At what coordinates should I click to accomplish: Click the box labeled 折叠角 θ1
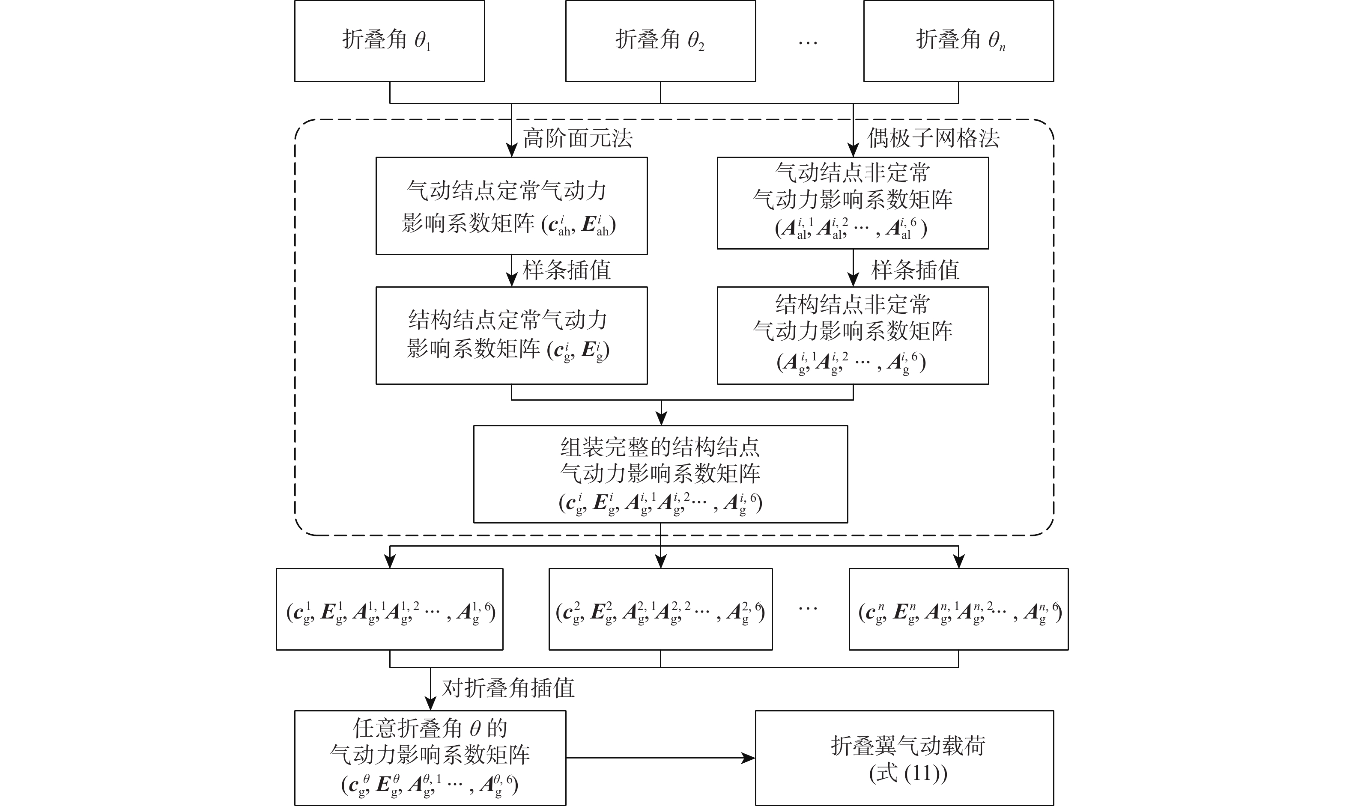[389, 41]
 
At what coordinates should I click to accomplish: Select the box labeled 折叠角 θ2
[660, 41]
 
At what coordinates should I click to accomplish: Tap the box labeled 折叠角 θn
[958, 41]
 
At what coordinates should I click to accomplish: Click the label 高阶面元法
[578, 139]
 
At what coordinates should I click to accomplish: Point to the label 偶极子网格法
[933, 139]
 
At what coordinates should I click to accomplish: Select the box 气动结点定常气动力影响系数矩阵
[511, 206]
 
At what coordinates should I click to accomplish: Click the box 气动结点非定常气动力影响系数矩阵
[852, 203]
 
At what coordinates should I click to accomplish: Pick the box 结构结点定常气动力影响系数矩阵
[511, 335]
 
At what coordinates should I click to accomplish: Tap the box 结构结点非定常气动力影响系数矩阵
[852, 335]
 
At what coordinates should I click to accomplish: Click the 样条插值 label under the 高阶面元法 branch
[567, 271]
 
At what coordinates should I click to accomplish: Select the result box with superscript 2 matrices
[660, 609]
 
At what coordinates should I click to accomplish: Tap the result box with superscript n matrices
[958, 609]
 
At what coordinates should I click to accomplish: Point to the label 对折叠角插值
[508, 688]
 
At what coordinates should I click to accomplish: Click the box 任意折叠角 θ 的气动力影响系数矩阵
[430, 758]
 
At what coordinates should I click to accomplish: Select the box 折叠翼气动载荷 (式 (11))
[904, 758]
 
